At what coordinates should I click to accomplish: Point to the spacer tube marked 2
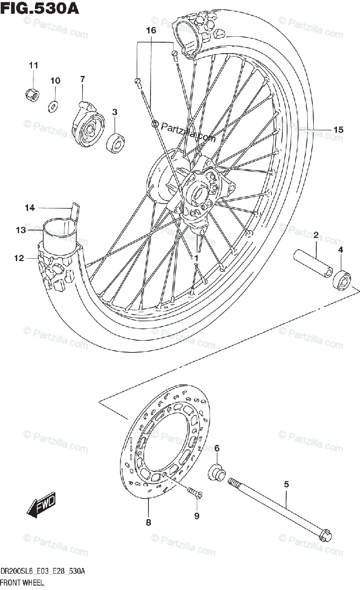[313, 265]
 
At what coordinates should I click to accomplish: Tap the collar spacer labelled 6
[217, 473]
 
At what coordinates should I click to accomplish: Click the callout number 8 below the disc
[149, 523]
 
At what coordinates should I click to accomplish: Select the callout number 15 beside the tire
[338, 130]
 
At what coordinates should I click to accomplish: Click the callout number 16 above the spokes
[150, 31]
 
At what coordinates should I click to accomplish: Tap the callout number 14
[30, 208]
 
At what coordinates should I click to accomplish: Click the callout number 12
[19, 258]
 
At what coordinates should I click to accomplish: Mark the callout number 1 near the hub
[195, 258]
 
